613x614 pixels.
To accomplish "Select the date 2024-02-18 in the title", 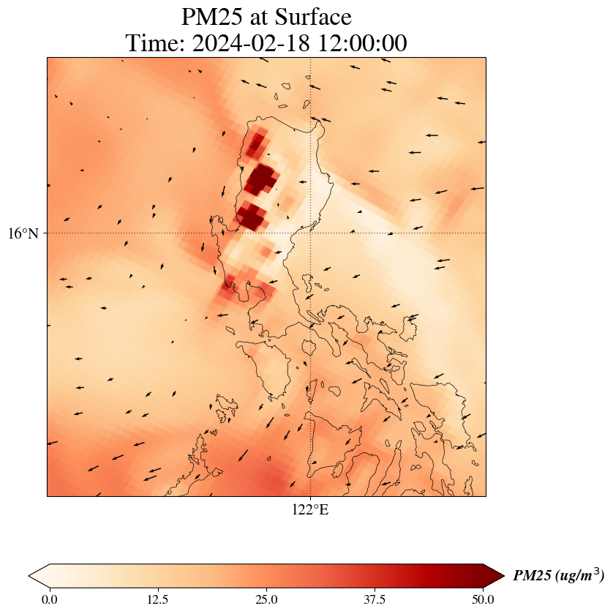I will click(x=249, y=43).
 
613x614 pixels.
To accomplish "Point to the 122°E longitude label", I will click(x=310, y=510).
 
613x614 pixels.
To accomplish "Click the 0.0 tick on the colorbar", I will click(x=50, y=600).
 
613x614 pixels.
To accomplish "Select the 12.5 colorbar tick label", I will click(x=158, y=600).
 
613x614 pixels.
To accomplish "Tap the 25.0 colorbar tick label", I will click(x=266, y=600).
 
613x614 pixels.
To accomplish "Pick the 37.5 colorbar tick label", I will click(x=375, y=600).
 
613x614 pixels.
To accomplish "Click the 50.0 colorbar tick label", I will click(x=483, y=600).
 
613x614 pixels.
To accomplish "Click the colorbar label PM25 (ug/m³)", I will click(x=558, y=576).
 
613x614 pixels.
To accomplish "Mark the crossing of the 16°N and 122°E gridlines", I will click(x=311, y=233).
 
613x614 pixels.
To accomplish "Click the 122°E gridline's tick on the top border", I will click(x=311, y=57).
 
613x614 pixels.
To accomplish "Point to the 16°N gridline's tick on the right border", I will click(x=486, y=233).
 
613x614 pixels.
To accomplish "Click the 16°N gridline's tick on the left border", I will click(x=48, y=233).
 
